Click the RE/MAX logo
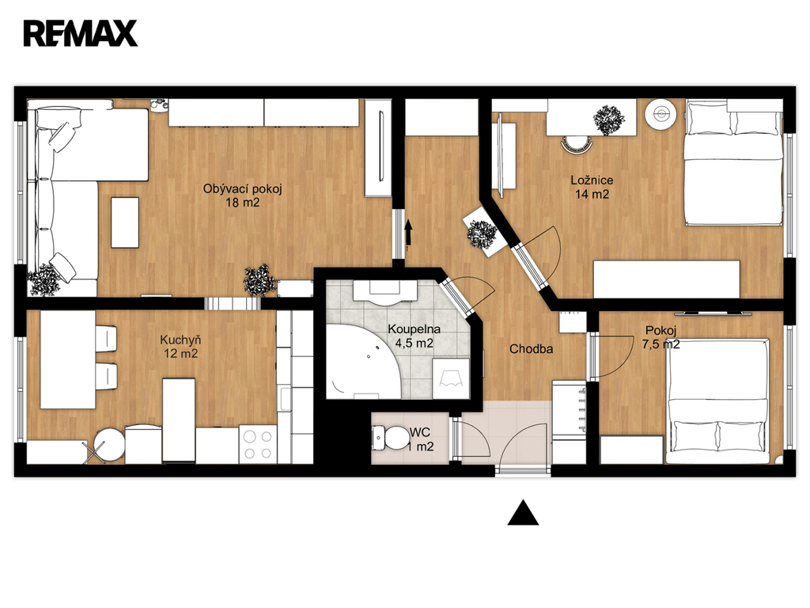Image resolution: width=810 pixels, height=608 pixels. coord(81,33)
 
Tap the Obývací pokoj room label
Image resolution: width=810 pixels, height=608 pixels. coord(242,188)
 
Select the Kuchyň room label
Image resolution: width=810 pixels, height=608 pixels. coord(180,340)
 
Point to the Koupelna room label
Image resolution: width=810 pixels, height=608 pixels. coord(414,329)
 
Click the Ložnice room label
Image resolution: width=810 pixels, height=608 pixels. coord(592,180)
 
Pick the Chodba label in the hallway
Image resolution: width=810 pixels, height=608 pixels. coord(531,349)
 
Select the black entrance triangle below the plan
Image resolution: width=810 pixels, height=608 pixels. coord(524,513)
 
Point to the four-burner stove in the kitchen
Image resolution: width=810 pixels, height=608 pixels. coord(258,444)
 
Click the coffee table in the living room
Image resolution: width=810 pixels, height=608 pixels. coord(125,222)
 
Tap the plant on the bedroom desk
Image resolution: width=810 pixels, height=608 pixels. coord(608,120)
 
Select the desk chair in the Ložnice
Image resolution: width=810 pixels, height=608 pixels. coord(577,144)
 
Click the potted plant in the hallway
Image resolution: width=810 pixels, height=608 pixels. coord(482,235)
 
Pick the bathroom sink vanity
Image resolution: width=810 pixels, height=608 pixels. coord(385,291)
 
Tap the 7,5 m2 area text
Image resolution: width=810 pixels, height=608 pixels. coord(660,344)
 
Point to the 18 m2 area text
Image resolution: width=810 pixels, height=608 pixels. coord(242,202)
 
